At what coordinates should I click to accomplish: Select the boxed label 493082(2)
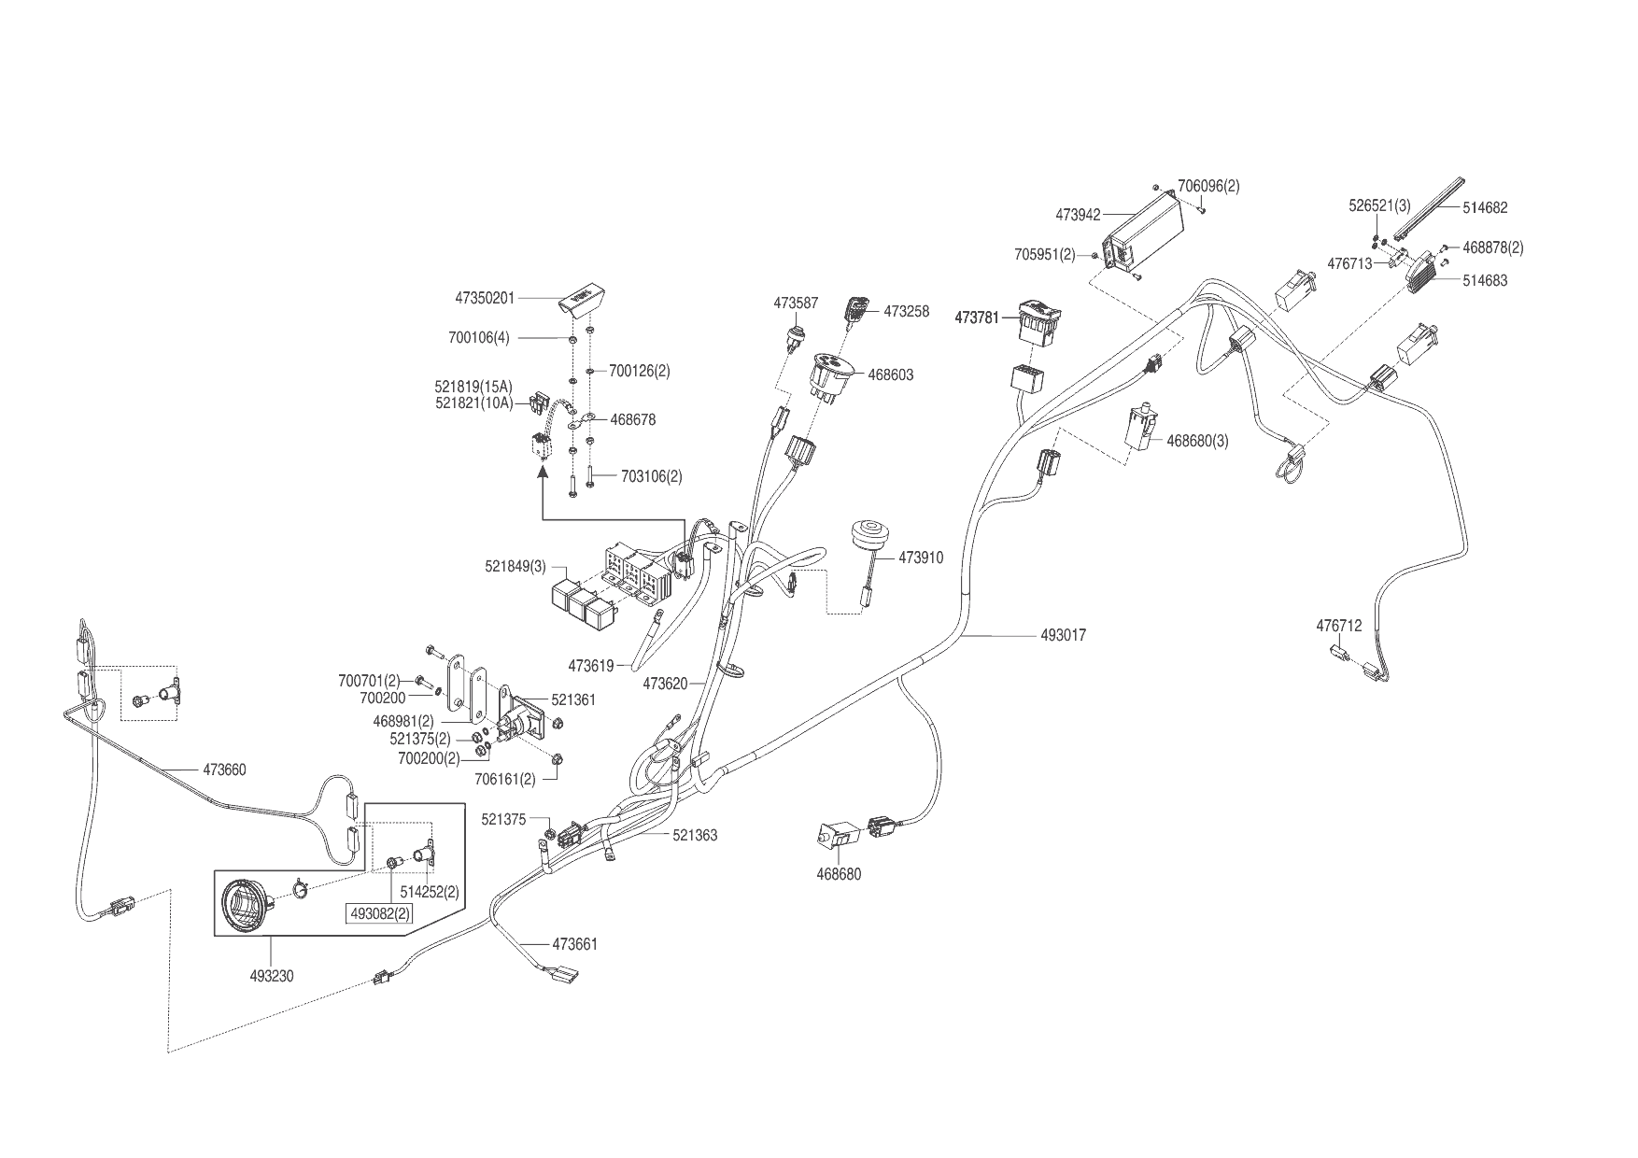pyautogui.click(x=378, y=913)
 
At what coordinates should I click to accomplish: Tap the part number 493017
pyautogui.click(x=1064, y=636)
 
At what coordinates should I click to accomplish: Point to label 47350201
pyautogui.click(x=485, y=298)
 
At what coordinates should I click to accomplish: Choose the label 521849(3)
pyautogui.click(x=515, y=567)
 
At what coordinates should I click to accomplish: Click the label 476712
pyautogui.click(x=1339, y=626)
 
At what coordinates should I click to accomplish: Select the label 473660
pyautogui.click(x=225, y=770)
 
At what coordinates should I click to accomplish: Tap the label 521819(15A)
pyautogui.click(x=473, y=387)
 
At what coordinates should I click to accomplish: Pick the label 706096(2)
pyautogui.click(x=1208, y=187)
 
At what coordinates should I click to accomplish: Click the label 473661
pyautogui.click(x=575, y=944)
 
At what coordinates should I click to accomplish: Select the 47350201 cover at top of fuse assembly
pyautogui.click(x=577, y=301)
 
